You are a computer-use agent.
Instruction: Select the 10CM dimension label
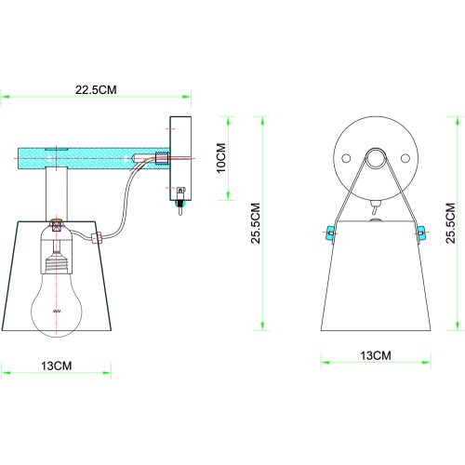click(x=220, y=159)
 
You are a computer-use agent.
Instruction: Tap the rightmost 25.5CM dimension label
click(x=450, y=227)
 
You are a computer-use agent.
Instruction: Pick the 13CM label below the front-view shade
click(x=375, y=355)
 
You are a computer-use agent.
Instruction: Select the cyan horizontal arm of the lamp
click(x=88, y=157)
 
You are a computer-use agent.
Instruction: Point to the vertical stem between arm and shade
click(x=58, y=196)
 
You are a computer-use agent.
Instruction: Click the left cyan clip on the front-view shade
click(x=328, y=232)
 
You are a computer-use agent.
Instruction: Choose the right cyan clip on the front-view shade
click(x=422, y=232)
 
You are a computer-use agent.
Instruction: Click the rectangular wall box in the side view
click(x=179, y=158)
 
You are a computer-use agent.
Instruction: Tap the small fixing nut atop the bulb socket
click(x=57, y=224)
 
